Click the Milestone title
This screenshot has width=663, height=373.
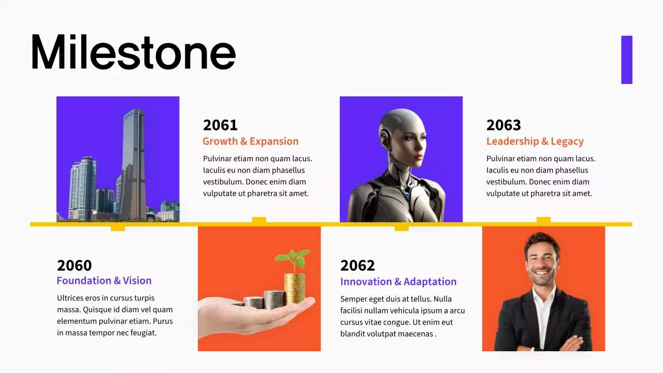coord(133,52)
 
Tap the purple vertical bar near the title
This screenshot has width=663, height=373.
coord(627,60)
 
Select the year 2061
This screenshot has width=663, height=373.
coord(220,125)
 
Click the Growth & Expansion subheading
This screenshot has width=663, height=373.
coord(250,141)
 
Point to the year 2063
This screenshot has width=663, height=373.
coord(503,125)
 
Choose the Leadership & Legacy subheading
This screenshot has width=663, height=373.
coord(535,141)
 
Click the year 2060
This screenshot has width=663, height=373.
coord(74,265)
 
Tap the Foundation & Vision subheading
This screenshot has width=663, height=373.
coord(104,281)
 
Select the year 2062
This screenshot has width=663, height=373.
coord(357,265)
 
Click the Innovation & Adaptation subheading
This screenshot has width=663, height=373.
coord(398,282)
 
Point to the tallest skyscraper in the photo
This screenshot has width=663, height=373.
coord(134,161)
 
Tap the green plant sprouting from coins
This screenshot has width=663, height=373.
coord(294,258)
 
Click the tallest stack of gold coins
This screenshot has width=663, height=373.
coord(294,288)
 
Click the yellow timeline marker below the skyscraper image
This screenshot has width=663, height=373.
coord(118,228)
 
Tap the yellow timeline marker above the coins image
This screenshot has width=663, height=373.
coord(259,220)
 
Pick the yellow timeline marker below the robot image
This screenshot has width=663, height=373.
coord(401,228)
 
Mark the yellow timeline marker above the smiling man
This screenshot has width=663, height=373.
coord(543,220)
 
